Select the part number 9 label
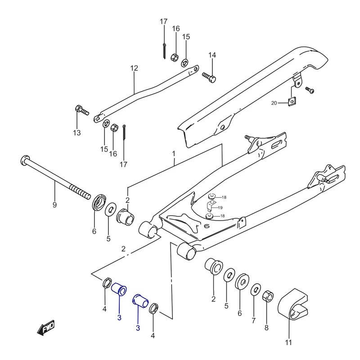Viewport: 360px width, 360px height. (54, 205)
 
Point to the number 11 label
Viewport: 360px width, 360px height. (288, 342)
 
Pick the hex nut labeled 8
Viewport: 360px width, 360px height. (267, 296)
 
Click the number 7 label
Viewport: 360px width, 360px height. (254, 320)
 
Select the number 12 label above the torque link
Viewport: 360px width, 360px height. (134, 68)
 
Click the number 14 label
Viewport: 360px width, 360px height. (212, 55)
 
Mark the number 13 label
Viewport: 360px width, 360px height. (77, 132)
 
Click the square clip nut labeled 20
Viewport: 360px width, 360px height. (292, 101)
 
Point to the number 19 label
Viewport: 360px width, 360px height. (220, 207)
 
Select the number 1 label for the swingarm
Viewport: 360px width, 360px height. (174, 154)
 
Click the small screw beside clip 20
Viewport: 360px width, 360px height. (309, 90)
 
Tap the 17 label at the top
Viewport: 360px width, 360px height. (163, 21)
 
